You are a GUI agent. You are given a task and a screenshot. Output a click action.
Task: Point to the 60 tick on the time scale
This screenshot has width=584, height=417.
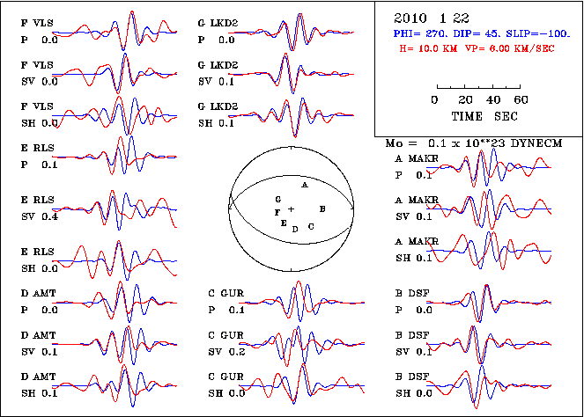[520, 99]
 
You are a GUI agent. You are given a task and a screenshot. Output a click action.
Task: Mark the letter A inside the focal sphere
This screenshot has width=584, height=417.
[304, 187]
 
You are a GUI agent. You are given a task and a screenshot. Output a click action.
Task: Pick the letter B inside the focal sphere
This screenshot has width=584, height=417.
[323, 208]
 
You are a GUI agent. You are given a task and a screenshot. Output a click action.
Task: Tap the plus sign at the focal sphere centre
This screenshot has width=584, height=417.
[291, 208]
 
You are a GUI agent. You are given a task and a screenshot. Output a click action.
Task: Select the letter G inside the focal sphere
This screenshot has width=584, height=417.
[277, 201]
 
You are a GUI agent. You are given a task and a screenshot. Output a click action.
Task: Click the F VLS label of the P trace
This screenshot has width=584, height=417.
[37, 24]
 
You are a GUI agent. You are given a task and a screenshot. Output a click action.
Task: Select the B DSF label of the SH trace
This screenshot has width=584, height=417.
[412, 377]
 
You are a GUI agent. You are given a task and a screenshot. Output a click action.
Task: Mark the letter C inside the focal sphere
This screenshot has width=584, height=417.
[311, 227]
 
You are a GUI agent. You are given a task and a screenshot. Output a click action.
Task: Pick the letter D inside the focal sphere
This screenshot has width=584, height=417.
[295, 229]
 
